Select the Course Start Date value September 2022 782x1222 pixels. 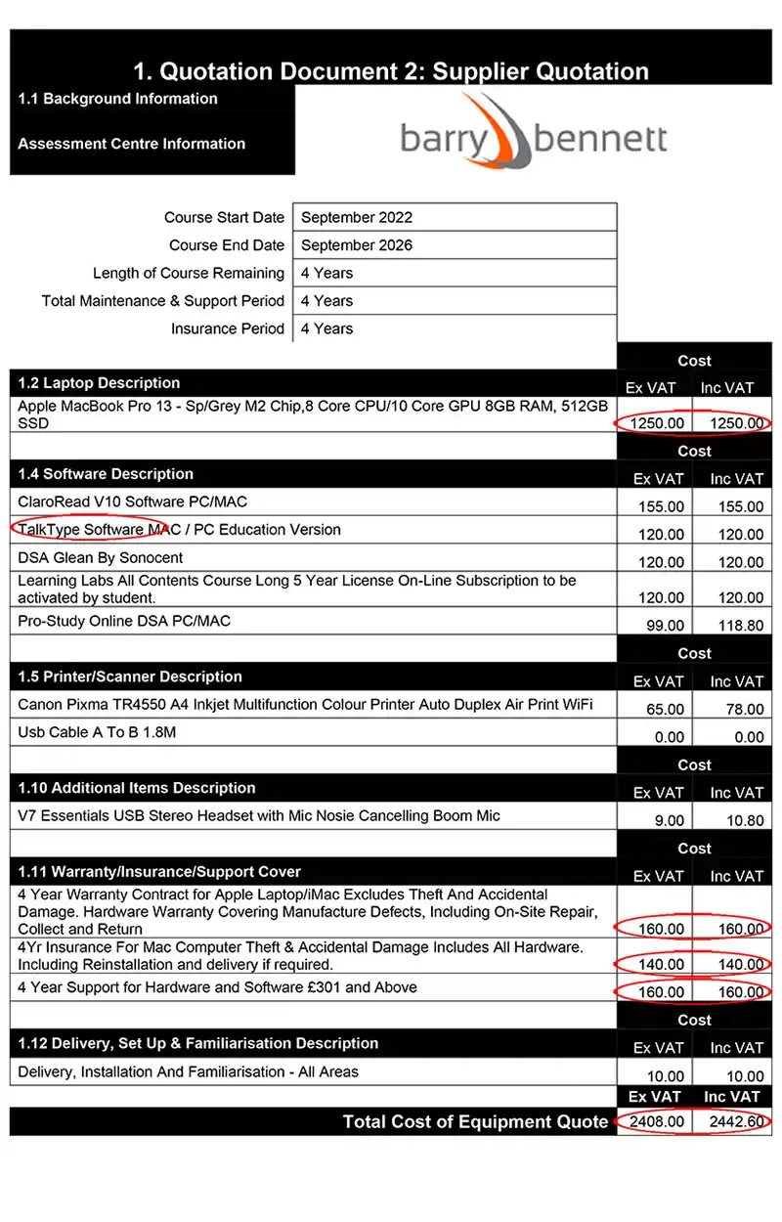click(357, 218)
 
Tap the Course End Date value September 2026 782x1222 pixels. click(357, 245)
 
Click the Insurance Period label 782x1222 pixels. click(228, 328)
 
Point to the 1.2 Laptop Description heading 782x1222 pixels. click(99, 383)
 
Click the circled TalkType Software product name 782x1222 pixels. click(83, 530)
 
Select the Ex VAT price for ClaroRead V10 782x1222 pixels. click(658, 506)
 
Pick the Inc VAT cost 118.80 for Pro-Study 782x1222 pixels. click(732, 626)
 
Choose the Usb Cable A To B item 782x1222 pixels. click(98, 731)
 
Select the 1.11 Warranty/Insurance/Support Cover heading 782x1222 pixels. click(159, 872)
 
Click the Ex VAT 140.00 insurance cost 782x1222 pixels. click(658, 964)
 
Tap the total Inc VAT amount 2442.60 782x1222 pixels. click(733, 1121)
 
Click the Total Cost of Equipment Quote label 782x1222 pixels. click(475, 1121)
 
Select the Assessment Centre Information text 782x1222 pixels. click(131, 144)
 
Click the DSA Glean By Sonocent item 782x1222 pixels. click(101, 558)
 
